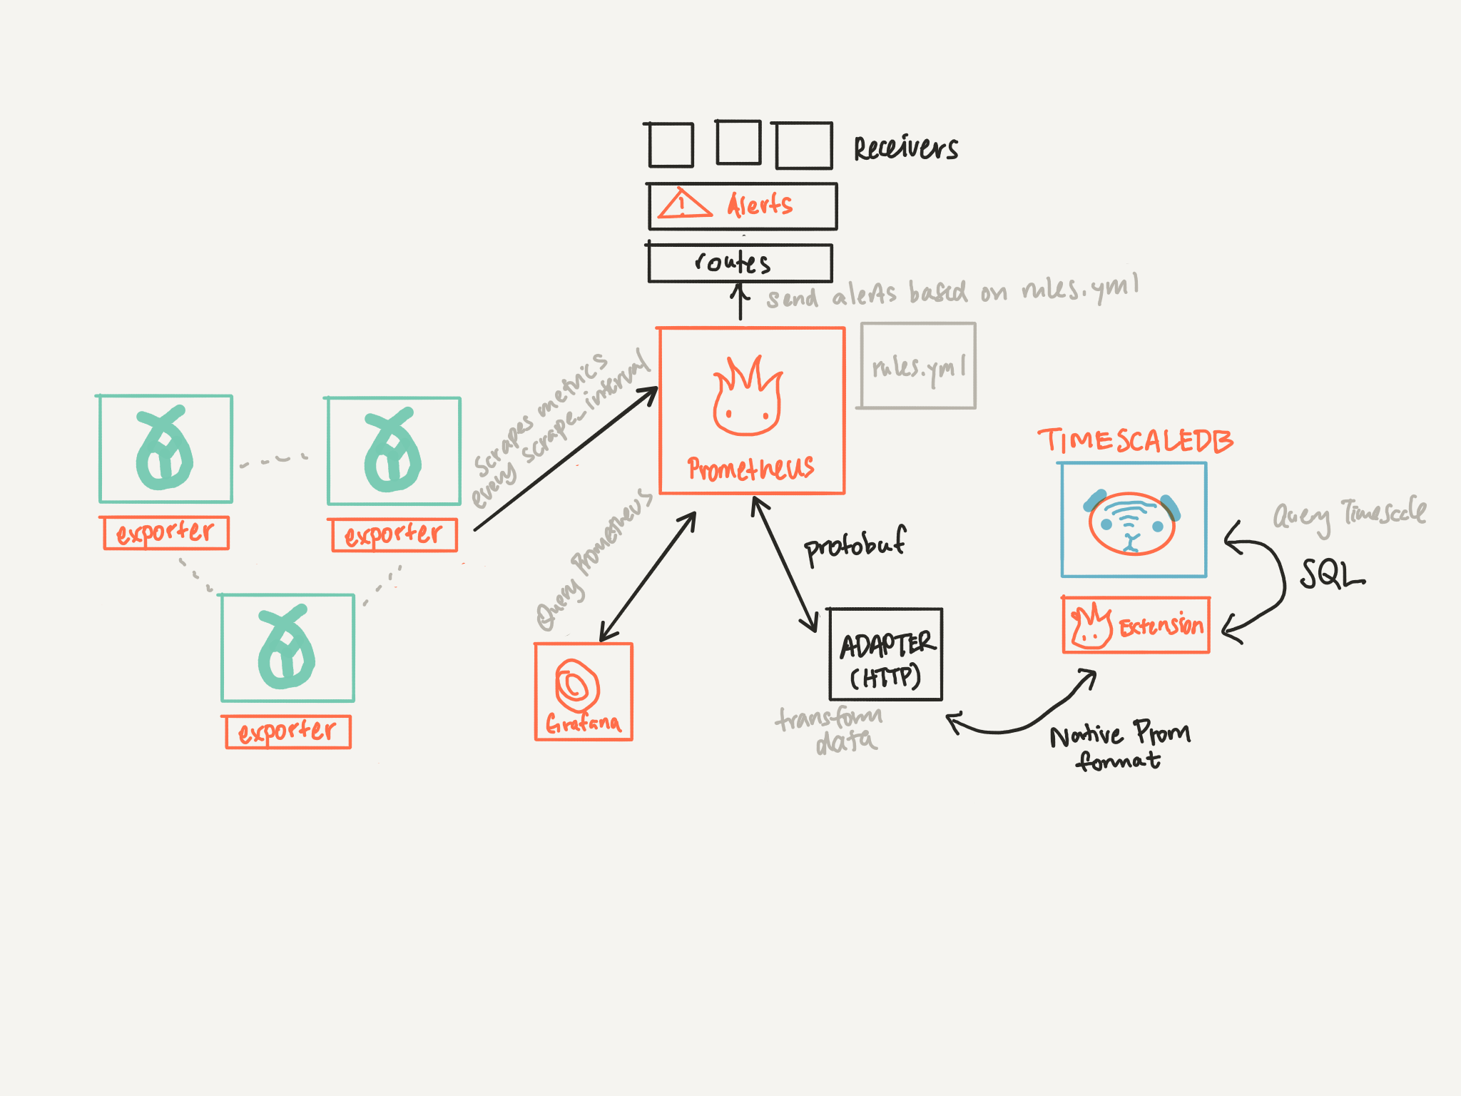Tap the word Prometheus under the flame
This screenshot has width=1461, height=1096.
[x=750, y=468]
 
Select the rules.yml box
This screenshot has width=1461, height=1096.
[x=917, y=365]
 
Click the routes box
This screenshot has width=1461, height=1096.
[x=740, y=263]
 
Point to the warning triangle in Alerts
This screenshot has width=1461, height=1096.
[x=684, y=203]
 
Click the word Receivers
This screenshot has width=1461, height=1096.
[x=906, y=148]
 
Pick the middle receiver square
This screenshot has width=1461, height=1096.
[x=738, y=142]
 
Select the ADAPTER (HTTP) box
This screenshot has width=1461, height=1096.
[x=885, y=654]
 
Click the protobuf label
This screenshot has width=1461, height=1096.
[x=855, y=545]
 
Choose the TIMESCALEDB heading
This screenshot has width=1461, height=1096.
[x=1135, y=440]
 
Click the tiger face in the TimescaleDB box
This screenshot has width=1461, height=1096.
[x=1131, y=522]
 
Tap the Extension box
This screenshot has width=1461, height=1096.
[x=1136, y=625]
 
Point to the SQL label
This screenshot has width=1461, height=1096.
[x=1331, y=574]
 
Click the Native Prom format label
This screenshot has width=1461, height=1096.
[x=1119, y=746]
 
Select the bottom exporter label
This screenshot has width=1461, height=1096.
[x=287, y=731]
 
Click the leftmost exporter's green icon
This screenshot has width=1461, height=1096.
[x=164, y=449]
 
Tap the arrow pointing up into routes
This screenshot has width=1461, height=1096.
[x=740, y=301]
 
